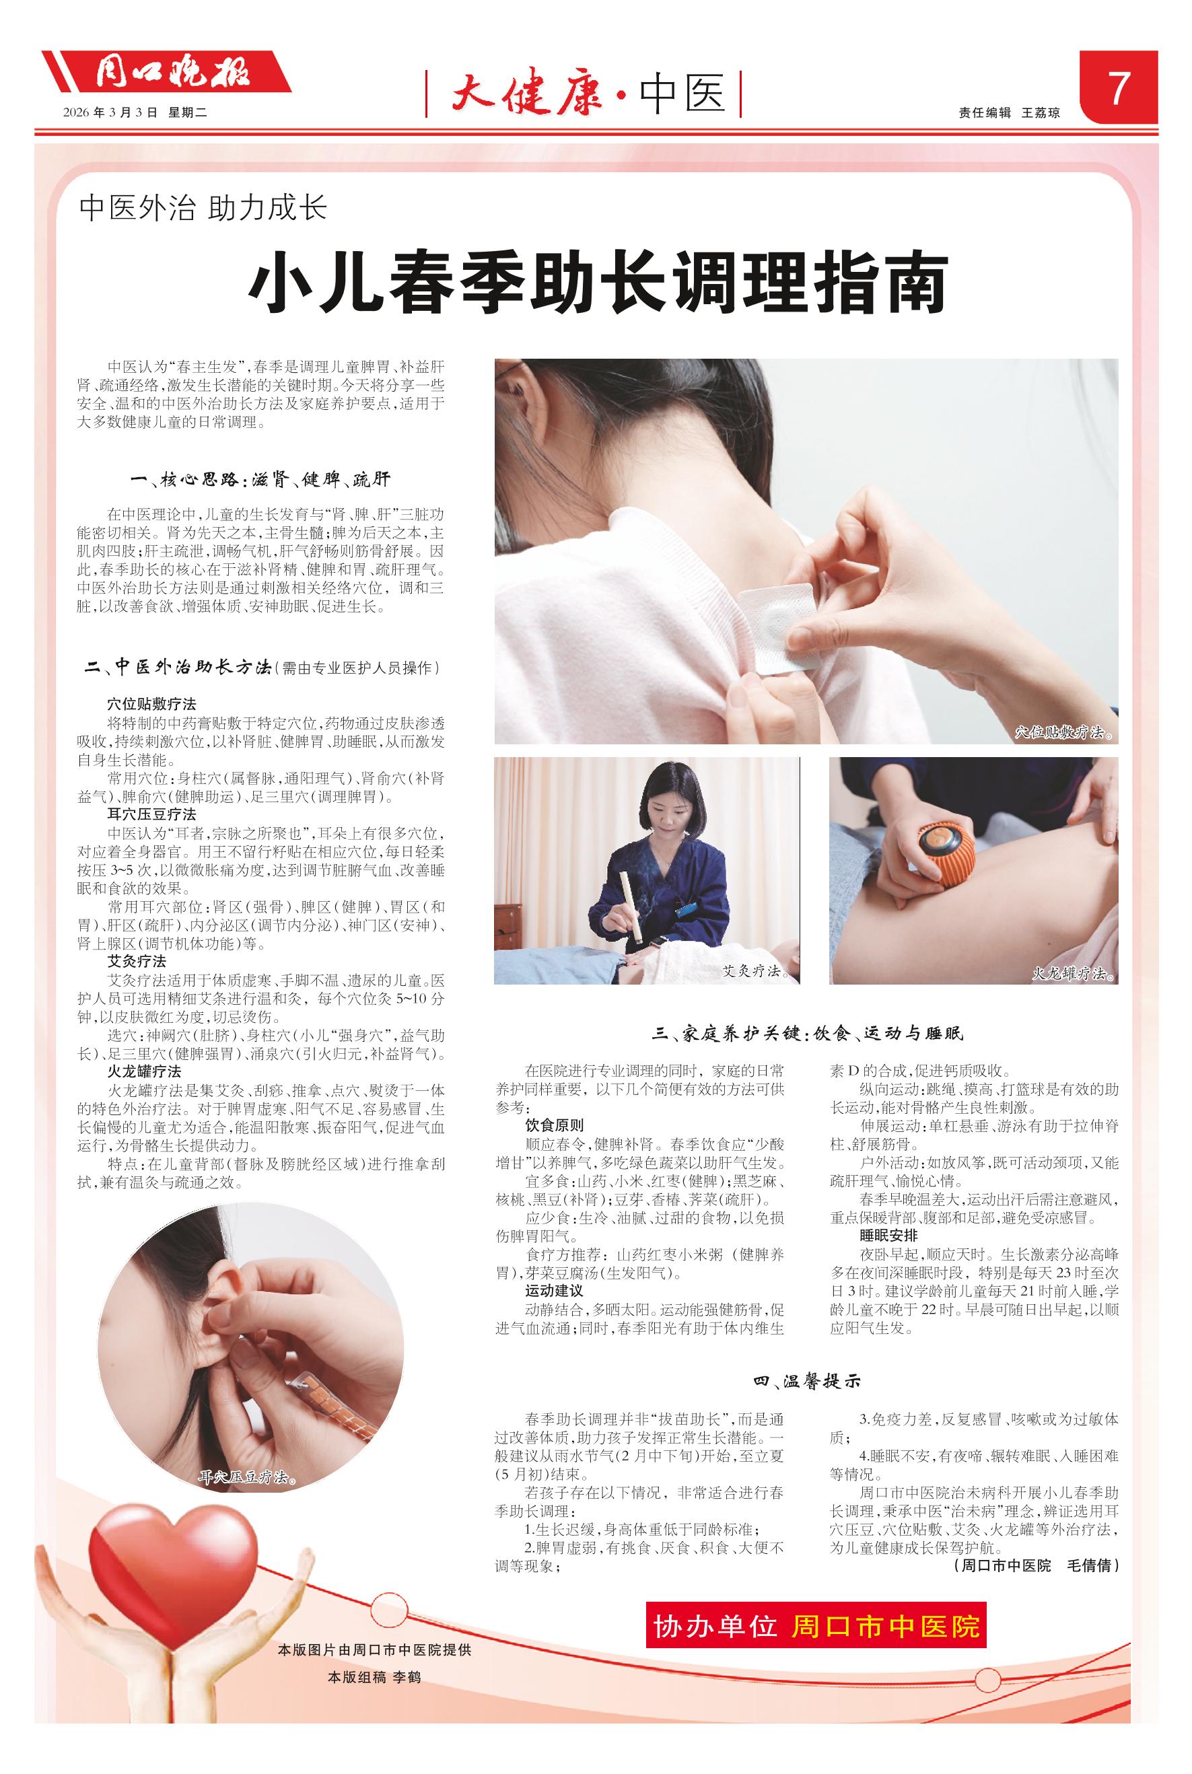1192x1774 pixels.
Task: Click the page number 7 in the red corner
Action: [x=1118, y=90]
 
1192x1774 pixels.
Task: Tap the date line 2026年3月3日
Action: [x=110, y=112]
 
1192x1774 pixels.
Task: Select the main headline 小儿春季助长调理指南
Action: [x=599, y=283]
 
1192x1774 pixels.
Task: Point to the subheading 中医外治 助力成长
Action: [x=203, y=208]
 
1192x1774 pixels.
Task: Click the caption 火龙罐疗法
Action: [x=1073, y=974]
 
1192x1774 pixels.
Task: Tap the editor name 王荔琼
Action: [x=1041, y=112]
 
